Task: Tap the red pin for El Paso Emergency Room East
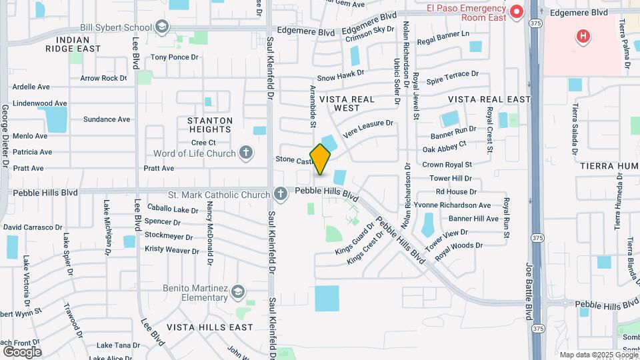coord(516,11)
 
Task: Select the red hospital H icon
coord(583,36)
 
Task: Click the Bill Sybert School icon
coord(161,27)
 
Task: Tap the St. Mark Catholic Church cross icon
coord(281,194)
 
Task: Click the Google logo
coord(22,351)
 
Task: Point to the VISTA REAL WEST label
coord(347,103)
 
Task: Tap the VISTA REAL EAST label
coord(489,99)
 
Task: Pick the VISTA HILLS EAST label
coord(210,327)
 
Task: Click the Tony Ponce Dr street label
coord(175,57)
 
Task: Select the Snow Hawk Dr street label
coord(341,77)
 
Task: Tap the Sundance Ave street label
coord(107,119)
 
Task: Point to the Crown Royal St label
coord(447,164)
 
